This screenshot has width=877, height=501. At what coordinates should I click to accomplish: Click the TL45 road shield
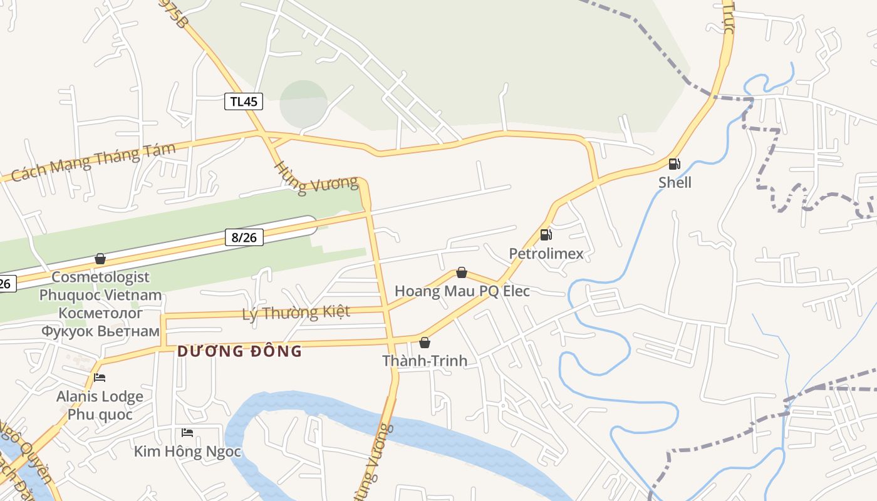click(244, 101)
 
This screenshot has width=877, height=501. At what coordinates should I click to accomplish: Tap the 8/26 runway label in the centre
click(244, 237)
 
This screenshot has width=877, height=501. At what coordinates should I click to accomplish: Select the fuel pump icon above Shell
click(674, 164)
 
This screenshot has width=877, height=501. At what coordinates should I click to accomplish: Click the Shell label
click(675, 183)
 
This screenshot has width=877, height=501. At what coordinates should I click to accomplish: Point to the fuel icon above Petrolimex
click(546, 235)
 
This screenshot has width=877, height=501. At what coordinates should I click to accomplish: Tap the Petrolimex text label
click(546, 254)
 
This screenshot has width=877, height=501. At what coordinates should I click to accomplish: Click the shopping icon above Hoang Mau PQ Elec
click(462, 272)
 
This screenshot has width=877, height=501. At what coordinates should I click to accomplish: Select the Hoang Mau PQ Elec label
click(462, 291)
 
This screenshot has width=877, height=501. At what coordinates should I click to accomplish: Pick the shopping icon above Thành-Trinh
click(425, 343)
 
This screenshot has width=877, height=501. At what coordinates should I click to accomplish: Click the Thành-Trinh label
click(425, 361)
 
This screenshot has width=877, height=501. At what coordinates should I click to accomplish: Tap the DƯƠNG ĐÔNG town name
click(239, 351)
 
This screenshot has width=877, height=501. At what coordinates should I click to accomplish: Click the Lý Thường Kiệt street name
click(296, 312)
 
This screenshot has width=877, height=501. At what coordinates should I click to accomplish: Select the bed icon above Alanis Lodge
click(100, 378)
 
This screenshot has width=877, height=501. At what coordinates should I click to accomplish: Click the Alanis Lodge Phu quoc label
click(100, 405)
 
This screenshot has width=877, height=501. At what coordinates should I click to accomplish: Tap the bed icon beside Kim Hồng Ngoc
click(187, 433)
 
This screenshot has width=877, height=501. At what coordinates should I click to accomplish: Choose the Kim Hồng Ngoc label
click(187, 452)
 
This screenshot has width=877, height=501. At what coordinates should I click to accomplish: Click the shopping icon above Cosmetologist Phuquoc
click(100, 259)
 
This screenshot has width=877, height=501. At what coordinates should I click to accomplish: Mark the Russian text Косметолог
click(100, 312)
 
